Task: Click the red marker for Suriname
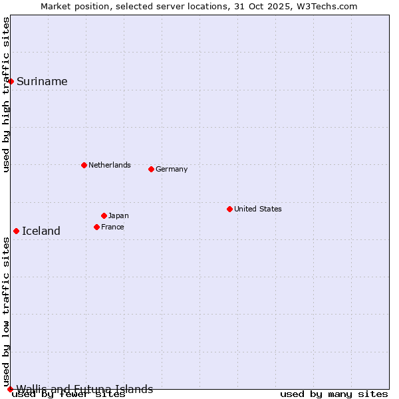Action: [x=11, y=81]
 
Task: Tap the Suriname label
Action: [x=42, y=81]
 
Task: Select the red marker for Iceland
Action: [x=16, y=231]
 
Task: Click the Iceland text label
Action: [x=41, y=231]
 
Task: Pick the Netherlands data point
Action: [x=84, y=165]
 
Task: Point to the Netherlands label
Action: [x=110, y=165]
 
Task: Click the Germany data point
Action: [x=151, y=169]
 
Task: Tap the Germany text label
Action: [x=172, y=169]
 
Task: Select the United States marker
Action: [x=229, y=209]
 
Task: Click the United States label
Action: [x=258, y=209]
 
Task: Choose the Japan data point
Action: [x=104, y=215]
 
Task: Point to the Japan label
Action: [x=118, y=215]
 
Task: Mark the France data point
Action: [x=96, y=227]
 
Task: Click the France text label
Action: [x=112, y=227]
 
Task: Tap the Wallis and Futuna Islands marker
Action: [x=10, y=389]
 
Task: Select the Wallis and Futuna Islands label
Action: [x=84, y=389]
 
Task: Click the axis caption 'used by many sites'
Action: [x=334, y=394]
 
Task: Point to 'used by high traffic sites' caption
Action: [x=7, y=94]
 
